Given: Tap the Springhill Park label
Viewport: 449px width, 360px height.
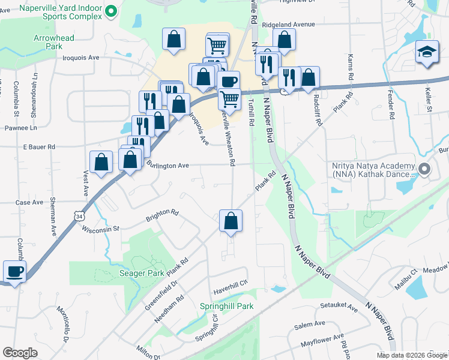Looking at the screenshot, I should (x=226, y=306).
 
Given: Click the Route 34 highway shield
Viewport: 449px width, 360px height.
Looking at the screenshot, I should (x=80, y=215).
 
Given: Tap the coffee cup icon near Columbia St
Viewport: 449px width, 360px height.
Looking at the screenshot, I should (x=14, y=272).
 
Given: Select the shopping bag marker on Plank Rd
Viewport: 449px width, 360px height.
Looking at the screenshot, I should (x=231, y=221).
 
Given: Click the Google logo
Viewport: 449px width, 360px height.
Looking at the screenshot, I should (x=20, y=353).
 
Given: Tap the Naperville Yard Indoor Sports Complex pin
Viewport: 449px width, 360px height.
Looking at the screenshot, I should (x=110, y=11).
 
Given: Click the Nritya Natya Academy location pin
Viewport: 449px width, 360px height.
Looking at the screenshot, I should (x=426, y=170).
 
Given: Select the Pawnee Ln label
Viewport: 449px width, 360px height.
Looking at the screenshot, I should (x=21, y=128).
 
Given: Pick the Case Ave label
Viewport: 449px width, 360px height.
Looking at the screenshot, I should (x=29, y=203).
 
